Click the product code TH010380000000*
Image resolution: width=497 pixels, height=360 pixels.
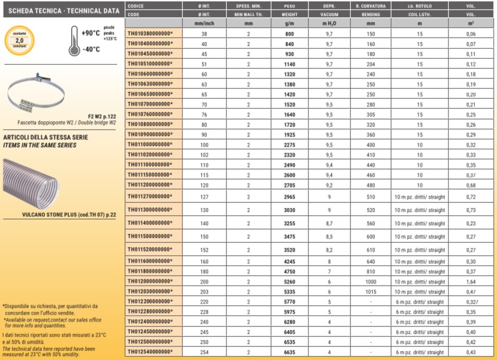point(150,34)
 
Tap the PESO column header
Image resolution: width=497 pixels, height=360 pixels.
point(290,6)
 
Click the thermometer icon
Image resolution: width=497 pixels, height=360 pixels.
point(74,41)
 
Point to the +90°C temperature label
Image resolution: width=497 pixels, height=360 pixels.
point(91,33)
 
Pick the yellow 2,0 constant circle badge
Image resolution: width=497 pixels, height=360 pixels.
point(19,39)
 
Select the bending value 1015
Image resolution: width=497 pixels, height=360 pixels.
point(370,292)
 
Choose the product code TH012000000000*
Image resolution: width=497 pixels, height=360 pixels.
point(150,282)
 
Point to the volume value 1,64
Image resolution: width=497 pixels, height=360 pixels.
point(471,282)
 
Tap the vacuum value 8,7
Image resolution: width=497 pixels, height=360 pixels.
point(329,223)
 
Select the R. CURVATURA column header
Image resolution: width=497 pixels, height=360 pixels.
point(370,6)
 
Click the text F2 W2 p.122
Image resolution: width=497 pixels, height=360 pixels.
point(102,117)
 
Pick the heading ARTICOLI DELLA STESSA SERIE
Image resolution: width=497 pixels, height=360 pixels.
point(46,138)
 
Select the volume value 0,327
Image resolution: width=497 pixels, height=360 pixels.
point(471,302)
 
